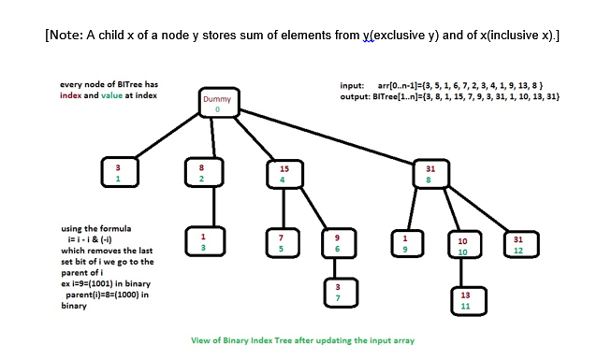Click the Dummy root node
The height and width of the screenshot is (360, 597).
tap(217, 104)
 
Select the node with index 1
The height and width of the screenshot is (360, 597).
tap(118, 173)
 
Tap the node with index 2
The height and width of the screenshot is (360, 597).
tap(202, 173)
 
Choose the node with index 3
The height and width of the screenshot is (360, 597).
tap(202, 242)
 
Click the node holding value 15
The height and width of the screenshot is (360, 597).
tap(284, 174)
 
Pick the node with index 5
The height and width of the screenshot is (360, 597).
tap(281, 243)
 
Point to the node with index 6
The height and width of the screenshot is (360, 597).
tap(337, 243)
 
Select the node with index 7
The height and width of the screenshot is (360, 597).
tap(339, 291)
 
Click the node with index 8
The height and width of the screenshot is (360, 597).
tap(430, 174)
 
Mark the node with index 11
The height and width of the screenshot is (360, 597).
tap(465, 300)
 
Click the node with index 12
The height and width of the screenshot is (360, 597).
tap(518, 245)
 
